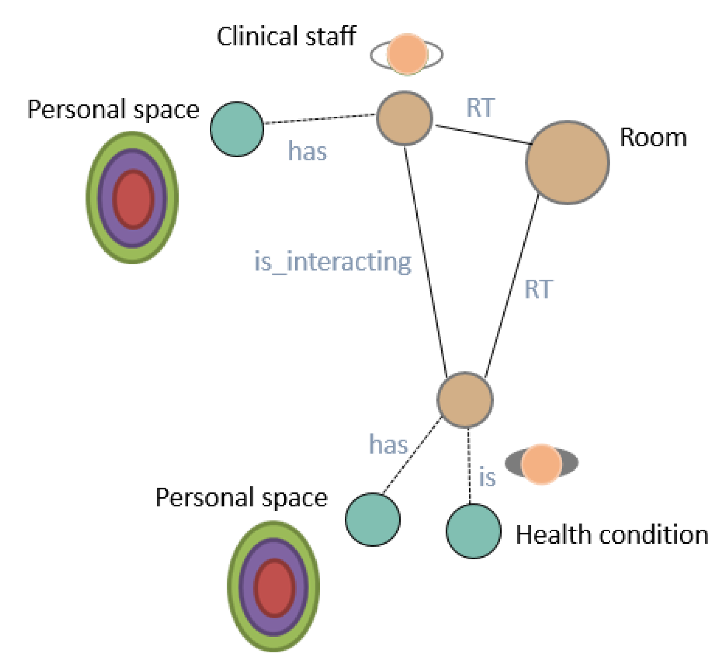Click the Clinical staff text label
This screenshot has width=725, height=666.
(286, 36)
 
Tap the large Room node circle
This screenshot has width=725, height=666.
(567, 162)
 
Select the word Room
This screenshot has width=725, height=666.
(653, 138)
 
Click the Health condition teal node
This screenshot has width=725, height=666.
(473, 531)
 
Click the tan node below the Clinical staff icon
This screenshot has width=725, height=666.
(404, 118)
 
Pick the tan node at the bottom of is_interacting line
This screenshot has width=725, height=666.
(464, 400)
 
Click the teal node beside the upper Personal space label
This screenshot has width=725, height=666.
(237, 129)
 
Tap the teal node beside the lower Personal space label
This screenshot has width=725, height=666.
(373, 519)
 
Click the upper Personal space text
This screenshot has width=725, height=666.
(113, 109)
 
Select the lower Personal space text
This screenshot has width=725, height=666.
(241, 498)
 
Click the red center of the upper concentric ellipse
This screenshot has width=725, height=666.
(133, 199)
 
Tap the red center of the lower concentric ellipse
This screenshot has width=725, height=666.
(274, 588)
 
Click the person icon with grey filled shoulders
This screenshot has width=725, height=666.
(541, 464)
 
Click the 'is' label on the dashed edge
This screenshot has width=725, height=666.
(487, 478)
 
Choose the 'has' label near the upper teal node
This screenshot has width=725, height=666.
(307, 152)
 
